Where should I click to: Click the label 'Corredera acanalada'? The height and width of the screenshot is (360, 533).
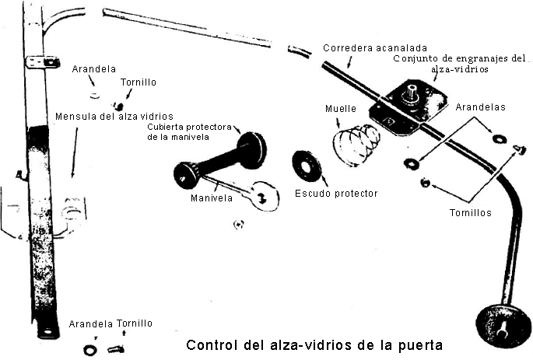pos(375,48)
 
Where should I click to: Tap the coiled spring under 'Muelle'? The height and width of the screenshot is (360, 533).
pos(356,145)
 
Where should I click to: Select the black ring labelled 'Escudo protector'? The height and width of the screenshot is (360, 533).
pos(307,166)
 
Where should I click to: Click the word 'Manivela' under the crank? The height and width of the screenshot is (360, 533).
pos(212,198)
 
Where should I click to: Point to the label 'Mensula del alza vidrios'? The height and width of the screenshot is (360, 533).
pos(114,117)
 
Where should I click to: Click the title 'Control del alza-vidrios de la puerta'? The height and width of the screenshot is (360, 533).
pos(314,345)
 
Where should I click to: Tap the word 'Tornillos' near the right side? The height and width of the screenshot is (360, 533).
pos(471,213)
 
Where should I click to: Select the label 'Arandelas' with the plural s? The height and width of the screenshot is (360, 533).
pos(480,107)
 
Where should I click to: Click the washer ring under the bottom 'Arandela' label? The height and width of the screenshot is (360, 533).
pos(89,350)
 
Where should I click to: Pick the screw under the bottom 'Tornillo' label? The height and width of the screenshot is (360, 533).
pos(116,349)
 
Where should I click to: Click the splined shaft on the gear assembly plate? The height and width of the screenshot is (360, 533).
pos(410,93)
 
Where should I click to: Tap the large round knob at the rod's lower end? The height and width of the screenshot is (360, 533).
pos(503,326)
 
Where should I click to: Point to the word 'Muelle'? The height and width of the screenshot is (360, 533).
pos(341,109)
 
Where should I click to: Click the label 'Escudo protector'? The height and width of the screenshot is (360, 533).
pos(336,194)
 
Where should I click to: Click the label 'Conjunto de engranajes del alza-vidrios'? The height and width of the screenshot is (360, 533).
pos(460,64)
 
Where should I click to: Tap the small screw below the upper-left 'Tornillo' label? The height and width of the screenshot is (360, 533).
pos(118,107)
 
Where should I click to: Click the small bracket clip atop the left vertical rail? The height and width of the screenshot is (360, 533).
pos(43,62)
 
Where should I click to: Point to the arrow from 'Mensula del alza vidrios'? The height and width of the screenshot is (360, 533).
pos(75,152)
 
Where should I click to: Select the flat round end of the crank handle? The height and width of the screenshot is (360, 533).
pos(265,196)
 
